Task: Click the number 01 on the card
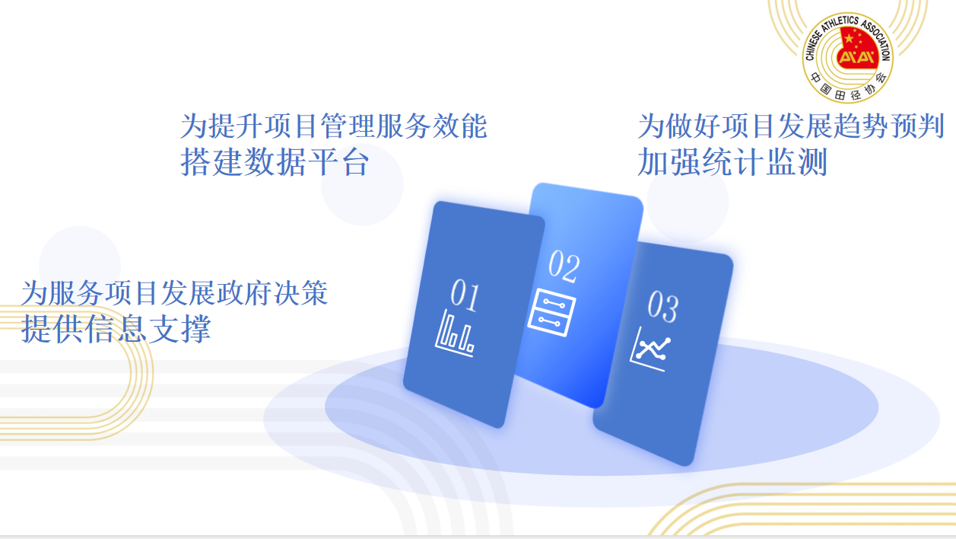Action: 465,295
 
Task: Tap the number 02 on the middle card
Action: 564,266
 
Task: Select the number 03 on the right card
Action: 662,307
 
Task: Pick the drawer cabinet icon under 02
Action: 551,313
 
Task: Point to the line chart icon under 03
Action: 650,349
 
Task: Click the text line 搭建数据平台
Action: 275,162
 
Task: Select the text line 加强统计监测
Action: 732,162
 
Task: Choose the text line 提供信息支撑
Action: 116,328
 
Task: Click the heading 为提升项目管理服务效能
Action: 334,126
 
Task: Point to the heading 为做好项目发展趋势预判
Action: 791,126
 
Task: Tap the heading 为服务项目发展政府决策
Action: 175,293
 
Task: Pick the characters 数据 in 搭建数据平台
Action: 275,162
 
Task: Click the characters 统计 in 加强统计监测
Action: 732,162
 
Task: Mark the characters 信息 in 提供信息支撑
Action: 116,328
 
